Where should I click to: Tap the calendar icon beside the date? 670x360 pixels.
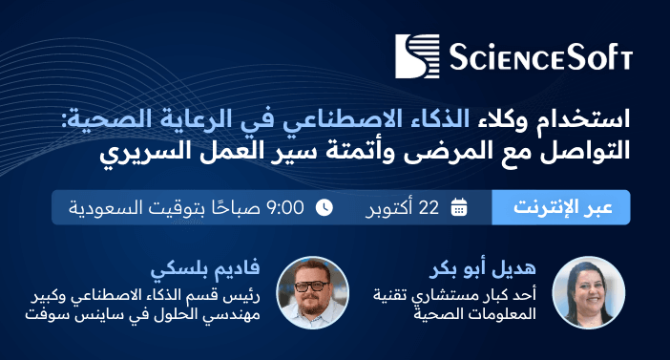pyautogui.click(x=459, y=206)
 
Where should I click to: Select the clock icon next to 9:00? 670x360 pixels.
pyautogui.click(x=325, y=206)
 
